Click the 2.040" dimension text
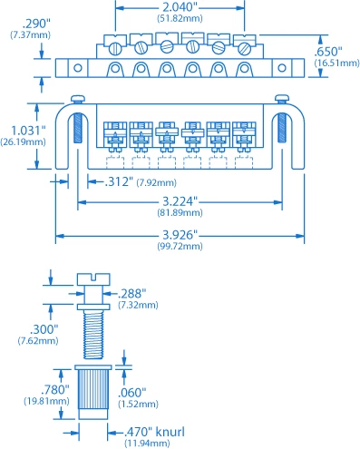coord(180,6)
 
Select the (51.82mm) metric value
coord(180,17)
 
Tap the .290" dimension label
coord(24,23)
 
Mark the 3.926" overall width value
coord(180,234)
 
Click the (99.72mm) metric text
coord(180,246)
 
